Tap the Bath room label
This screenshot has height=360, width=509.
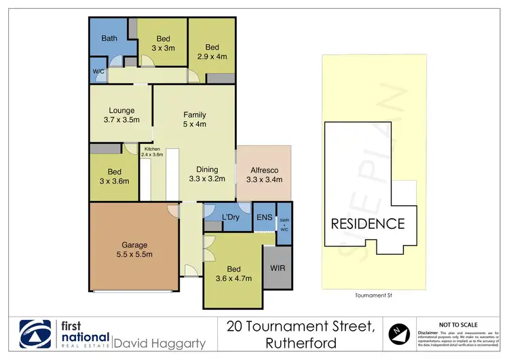[x=109, y=39]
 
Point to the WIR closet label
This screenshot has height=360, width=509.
[x=278, y=268]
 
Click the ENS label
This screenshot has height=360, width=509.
[x=264, y=218]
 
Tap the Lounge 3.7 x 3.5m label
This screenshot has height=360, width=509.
[x=121, y=115]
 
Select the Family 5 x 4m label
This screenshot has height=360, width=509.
[x=194, y=120]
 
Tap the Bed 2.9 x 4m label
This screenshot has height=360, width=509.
[x=213, y=52]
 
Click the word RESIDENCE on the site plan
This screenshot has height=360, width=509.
[x=367, y=224]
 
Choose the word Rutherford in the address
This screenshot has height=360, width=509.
[x=302, y=342]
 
